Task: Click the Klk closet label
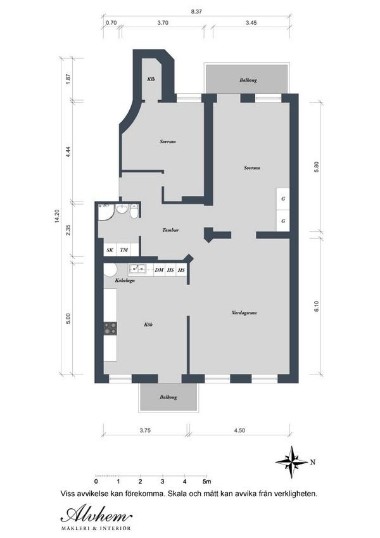pyautogui.click(x=151, y=79)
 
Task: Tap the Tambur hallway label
pyautogui.click(x=170, y=230)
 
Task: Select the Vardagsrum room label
pyautogui.click(x=244, y=313)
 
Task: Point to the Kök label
pyautogui.click(x=148, y=324)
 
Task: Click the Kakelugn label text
pyautogui.click(x=125, y=280)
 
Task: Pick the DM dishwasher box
pyautogui.click(x=159, y=270)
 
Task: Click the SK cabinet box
pyautogui.click(x=110, y=250)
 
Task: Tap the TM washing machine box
pyautogui.click(x=123, y=250)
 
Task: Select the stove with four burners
pyautogui.click(x=110, y=328)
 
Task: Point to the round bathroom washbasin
pyautogui.click(x=121, y=208)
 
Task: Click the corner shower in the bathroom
pyautogui.click(x=105, y=212)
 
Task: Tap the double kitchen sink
pyautogui.click(x=137, y=269)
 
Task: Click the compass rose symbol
pyautogui.click(x=291, y=462)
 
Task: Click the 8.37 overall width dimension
pyautogui.click(x=196, y=11)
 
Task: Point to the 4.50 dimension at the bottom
pyautogui.click(x=240, y=430)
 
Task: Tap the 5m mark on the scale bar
pyautogui.click(x=207, y=482)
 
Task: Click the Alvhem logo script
pyautogui.click(x=96, y=515)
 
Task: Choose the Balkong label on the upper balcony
pyautogui.click(x=248, y=80)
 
